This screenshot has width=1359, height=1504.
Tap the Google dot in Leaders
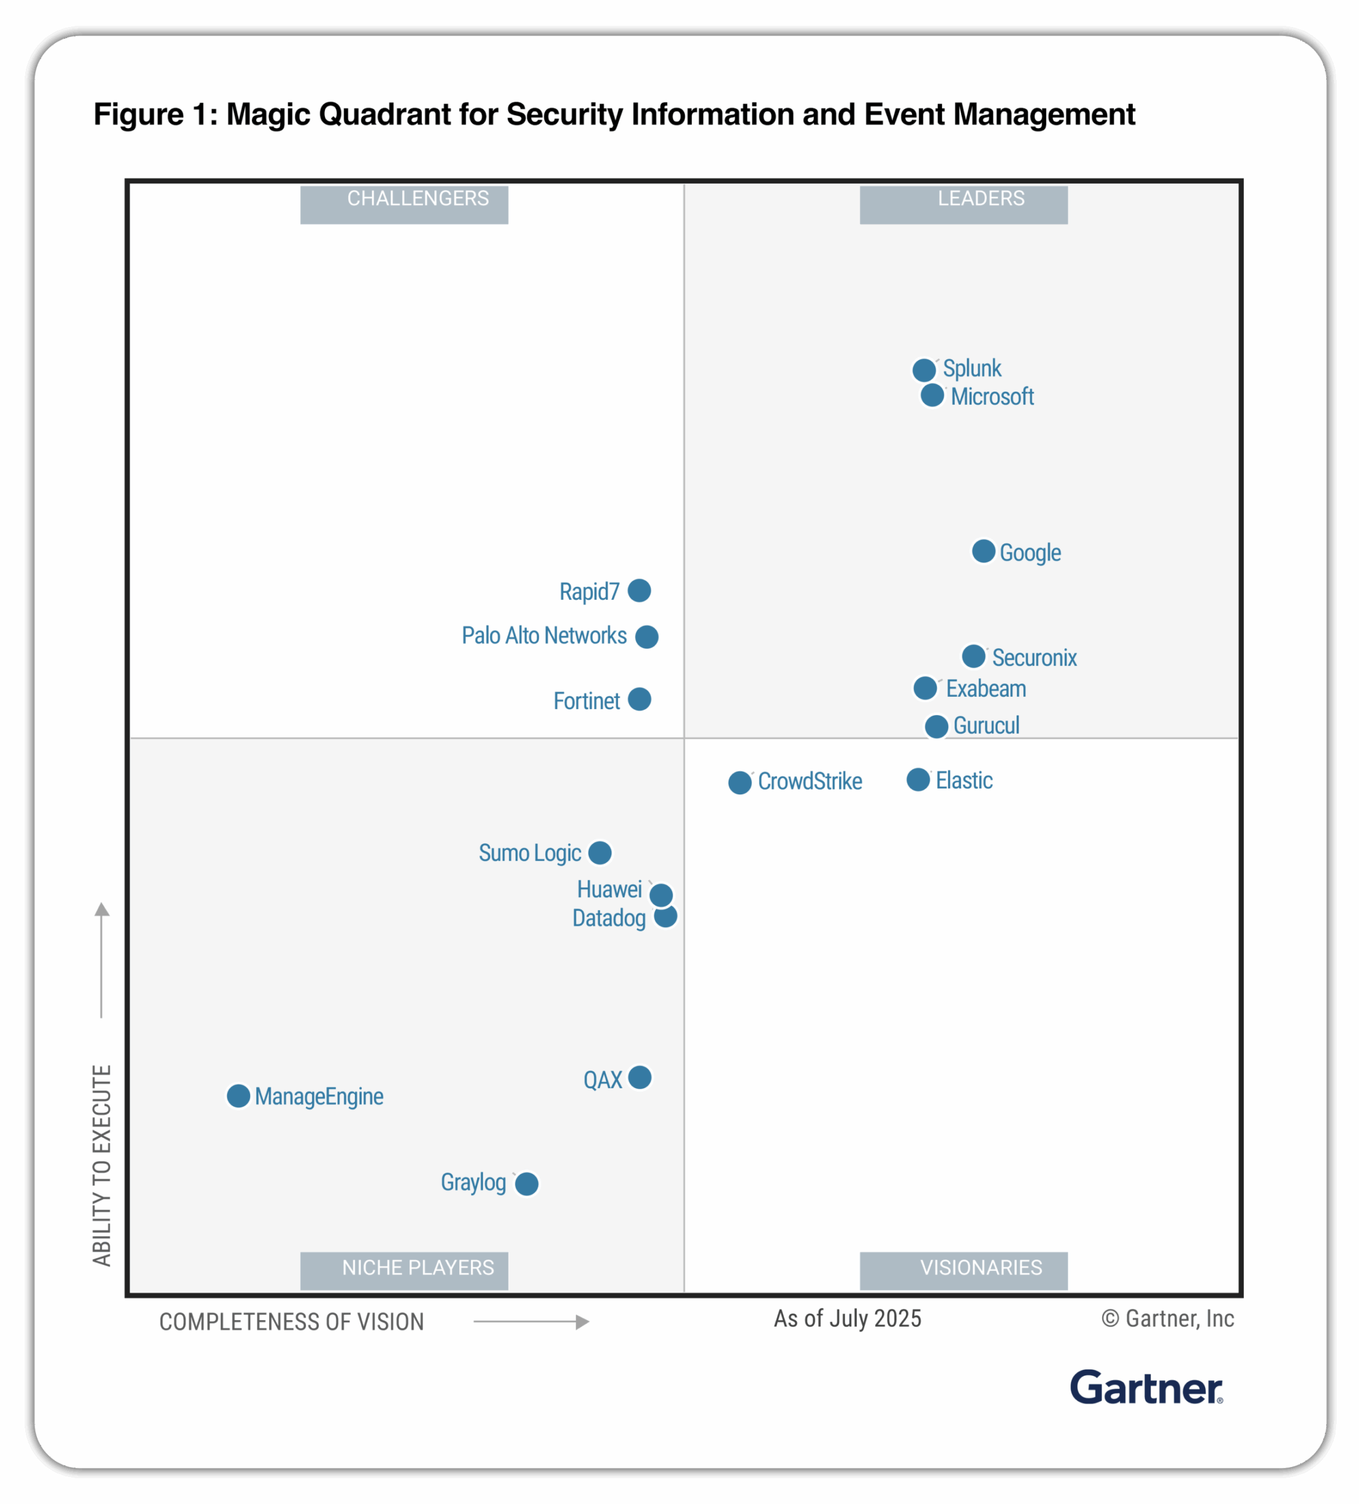(x=984, y=551)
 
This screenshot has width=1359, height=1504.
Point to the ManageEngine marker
(x=238, y=1096)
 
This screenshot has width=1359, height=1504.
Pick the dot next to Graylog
(x=527, y=1183)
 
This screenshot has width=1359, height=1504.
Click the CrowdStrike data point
(x=740, y=783)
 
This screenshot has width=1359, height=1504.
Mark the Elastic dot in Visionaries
(x=918, y=780)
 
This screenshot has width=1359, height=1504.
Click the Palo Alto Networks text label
(x=544, y=636)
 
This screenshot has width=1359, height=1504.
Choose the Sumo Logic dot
(x=600, y=852)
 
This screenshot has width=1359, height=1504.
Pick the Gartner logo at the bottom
(x=1146, y=1388)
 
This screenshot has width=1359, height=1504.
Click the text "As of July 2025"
(x=847, y=1318)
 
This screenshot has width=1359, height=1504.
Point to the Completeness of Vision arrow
(x=531, y=1322)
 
